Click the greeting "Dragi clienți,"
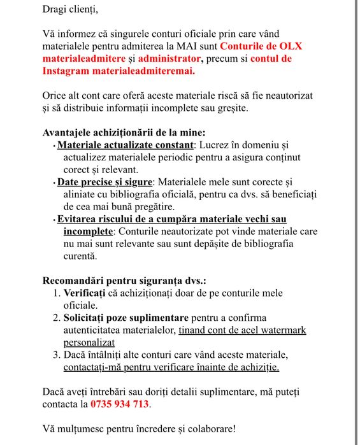tap(71, 9)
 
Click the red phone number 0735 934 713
tap(120, 404)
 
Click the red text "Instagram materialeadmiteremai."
tap(119, 71)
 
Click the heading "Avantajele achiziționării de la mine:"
tap(124, 132)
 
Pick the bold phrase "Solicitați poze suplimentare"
tap(126, 317)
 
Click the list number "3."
tap(56, 354)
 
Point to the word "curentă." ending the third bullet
tap(80, 256)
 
